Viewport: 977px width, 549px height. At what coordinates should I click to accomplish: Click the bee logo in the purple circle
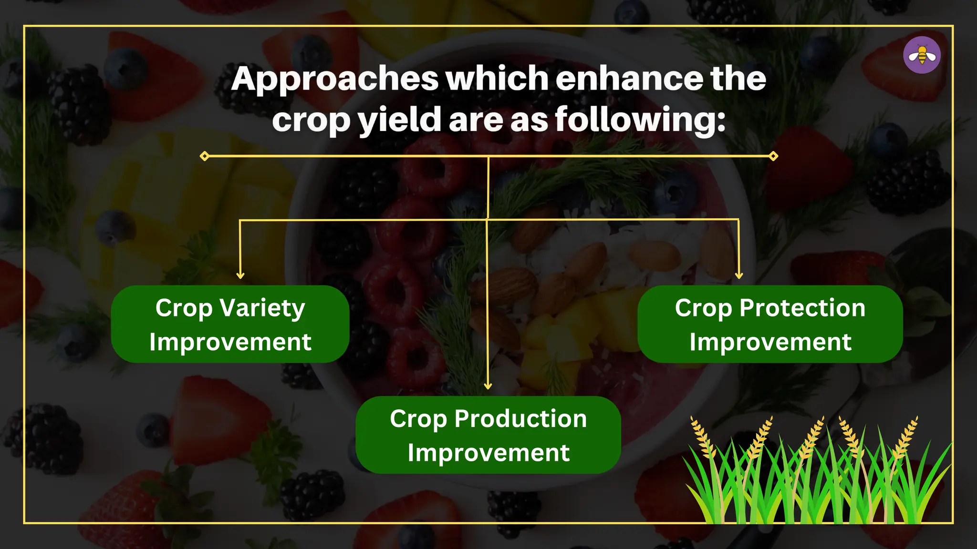922,55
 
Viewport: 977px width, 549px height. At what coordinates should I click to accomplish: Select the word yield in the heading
400,120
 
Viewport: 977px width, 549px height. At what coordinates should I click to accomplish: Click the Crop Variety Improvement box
230,324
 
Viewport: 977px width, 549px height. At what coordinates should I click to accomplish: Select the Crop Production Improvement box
488,435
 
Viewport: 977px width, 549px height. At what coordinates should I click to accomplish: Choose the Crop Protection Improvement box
770,324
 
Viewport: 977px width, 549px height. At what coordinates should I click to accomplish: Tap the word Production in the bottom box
520,419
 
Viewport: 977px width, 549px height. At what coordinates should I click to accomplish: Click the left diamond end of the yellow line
205,156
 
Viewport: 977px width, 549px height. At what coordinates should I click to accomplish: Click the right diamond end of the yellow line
773,156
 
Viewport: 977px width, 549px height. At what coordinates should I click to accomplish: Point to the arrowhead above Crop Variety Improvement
240,275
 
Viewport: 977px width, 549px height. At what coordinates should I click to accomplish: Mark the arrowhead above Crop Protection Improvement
739,275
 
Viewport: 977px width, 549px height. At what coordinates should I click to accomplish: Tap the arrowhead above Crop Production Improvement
488,386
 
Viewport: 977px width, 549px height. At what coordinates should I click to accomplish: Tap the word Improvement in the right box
770,342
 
